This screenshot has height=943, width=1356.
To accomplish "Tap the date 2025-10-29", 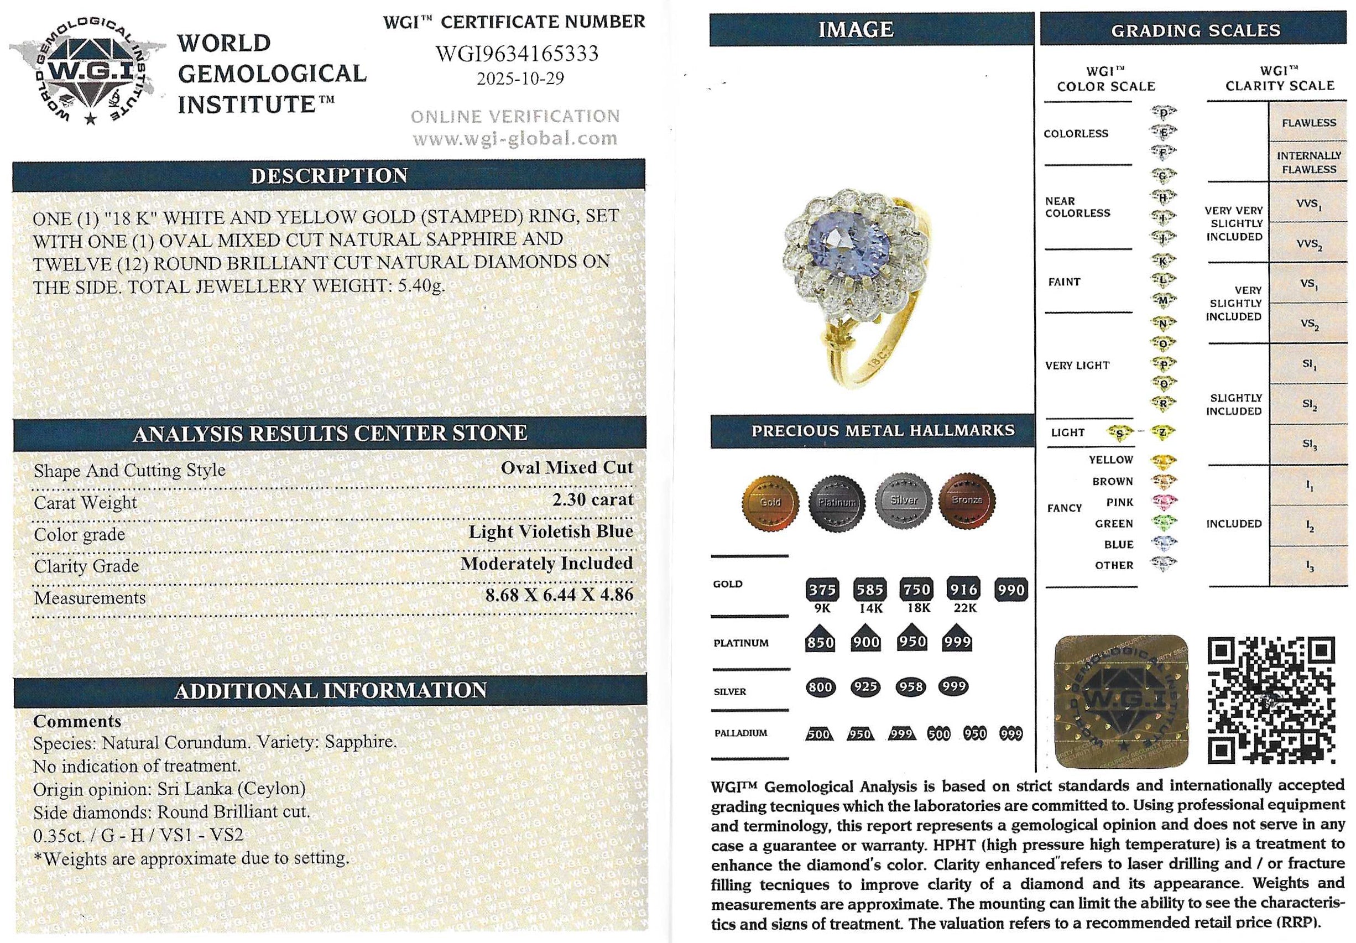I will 520,79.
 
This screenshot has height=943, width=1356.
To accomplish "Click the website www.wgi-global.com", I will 515,139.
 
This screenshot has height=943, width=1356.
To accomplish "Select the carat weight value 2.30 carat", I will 592,500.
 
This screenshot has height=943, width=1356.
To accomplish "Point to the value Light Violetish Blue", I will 550,532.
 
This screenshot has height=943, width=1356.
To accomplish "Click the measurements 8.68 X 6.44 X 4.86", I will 559,595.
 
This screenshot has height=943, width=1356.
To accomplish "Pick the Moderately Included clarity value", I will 546,564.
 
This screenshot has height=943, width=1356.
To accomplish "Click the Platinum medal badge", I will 837,502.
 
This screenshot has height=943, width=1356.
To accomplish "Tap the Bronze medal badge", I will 967,501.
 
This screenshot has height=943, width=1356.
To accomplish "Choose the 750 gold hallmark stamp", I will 916,589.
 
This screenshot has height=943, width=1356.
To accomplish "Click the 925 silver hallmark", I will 865,687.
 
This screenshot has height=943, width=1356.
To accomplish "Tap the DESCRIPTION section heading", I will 329,176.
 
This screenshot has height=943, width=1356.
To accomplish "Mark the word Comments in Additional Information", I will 77,722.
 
